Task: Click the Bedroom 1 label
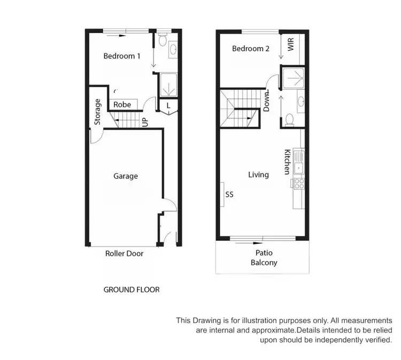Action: pos(122,55)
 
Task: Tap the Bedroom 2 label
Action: pos(250,49)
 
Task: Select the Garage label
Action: pos(126,176)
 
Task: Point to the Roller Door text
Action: pos(124,254)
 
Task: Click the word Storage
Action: pos(97,112)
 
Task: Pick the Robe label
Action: pos(122,105)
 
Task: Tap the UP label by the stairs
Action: pos(145,122)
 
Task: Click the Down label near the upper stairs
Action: pos(266,101)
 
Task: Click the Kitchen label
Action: pos(287,161)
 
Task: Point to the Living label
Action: pos(258,175)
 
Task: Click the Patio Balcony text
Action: pos(264,258)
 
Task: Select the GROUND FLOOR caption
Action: pos(131,290)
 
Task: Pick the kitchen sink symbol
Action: pos(299,163)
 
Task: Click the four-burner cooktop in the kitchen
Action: pos(298,183)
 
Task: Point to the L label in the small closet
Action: pos(168,105)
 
